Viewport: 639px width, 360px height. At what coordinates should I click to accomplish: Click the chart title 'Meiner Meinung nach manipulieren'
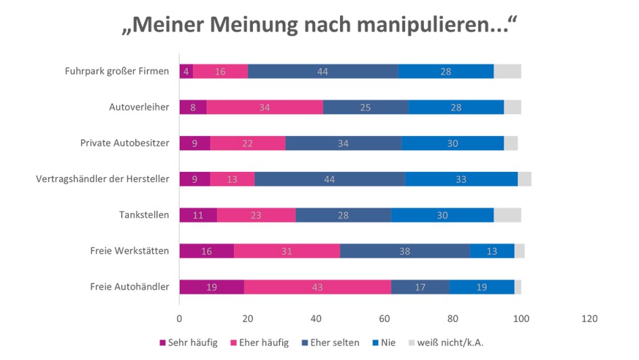tap(319, 25)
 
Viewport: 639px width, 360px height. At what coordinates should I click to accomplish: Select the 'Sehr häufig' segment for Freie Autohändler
tap(212, 287)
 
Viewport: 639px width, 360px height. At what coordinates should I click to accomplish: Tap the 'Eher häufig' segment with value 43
tap(317, 287)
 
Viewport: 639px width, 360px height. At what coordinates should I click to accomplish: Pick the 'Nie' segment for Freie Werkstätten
tap(492, 251)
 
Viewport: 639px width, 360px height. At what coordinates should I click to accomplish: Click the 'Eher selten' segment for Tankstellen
tap(344, 215)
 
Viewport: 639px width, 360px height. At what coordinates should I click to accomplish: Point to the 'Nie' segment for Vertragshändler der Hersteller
tap(461, 179)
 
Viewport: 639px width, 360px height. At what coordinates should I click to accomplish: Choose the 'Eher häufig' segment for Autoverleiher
tap(264, 107)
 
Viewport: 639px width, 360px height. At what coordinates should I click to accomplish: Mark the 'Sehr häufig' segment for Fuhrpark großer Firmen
tap(186, 71)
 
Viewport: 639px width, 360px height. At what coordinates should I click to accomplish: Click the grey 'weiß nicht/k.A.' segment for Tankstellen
tap(507, 215)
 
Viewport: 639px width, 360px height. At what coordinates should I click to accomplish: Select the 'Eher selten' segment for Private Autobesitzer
tap(344, 143)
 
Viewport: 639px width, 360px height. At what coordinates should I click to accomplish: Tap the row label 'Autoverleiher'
tap(139, 107)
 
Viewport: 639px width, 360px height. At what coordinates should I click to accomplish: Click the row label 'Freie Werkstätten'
tap(129, 251)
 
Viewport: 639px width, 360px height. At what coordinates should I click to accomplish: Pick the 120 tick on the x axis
tap(589, 318)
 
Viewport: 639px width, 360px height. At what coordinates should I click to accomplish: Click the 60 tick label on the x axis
tap(384, 318)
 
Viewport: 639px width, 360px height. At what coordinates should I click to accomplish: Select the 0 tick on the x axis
tap(179, 318)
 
